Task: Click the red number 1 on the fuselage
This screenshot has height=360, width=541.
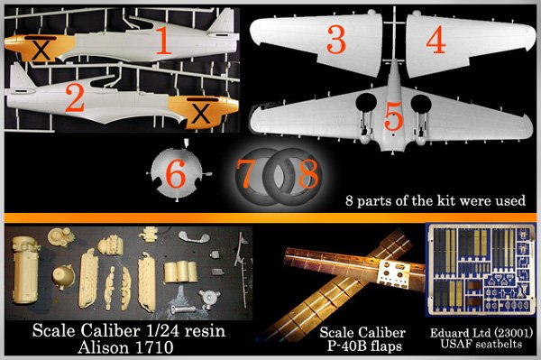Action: click(x=164, y=41)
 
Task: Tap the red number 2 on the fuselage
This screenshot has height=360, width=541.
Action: click(x=75, y=98)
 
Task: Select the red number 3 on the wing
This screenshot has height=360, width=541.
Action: click(x=336, y=40)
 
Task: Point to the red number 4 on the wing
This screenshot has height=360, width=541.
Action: click(x=436, y=40)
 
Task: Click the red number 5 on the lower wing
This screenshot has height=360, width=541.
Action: click(x=394, y=116)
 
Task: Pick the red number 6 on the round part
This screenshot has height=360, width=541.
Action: click(x=176, y=175)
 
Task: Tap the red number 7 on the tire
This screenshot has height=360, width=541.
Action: click(x=245, y=173)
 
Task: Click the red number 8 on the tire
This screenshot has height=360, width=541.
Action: click(x=308, y=173)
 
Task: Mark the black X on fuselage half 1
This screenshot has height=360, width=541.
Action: click(x=41, y=50)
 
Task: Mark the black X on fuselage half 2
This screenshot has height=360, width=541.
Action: click(x=201, y=113)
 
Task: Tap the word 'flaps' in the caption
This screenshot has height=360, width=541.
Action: click(x=385, y=346)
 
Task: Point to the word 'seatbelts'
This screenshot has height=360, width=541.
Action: click(x=499, y=344)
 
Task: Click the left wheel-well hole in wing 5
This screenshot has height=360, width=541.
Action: click(x=366, y=103)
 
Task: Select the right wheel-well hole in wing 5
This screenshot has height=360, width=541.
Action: click(x=421, y=104)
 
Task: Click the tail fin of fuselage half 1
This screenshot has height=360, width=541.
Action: click(x=223, y=22)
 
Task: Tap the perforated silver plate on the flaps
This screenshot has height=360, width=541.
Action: click(x=394, y=272)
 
